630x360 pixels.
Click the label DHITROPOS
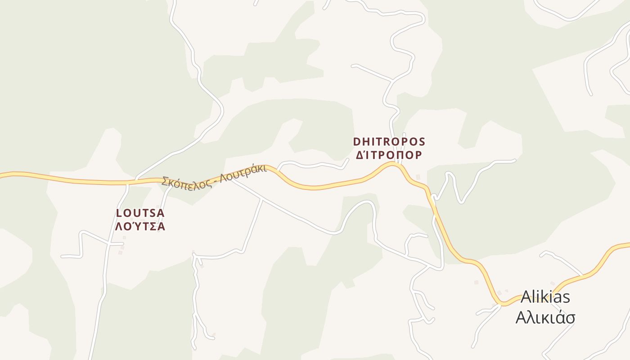coord(389,142)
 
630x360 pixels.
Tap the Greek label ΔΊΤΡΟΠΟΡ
coord(389,155)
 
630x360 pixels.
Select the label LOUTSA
coord(140,213)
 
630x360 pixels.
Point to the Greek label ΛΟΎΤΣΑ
coord(140,226)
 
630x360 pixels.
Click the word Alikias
coord(545,297)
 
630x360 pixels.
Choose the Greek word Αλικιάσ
coord(545,318)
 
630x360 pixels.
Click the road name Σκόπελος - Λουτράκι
coord(214,176)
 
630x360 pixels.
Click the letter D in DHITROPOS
coord(357,142)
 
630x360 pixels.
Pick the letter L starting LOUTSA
coord(119,213)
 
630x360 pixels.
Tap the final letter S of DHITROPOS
coord(422,142)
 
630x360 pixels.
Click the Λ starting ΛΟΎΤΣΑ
coord(119,226)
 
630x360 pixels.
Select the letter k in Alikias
coord(547,297)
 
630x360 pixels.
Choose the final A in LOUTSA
coord(161,213)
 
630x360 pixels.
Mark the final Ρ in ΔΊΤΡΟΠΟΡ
coord(418,155)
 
